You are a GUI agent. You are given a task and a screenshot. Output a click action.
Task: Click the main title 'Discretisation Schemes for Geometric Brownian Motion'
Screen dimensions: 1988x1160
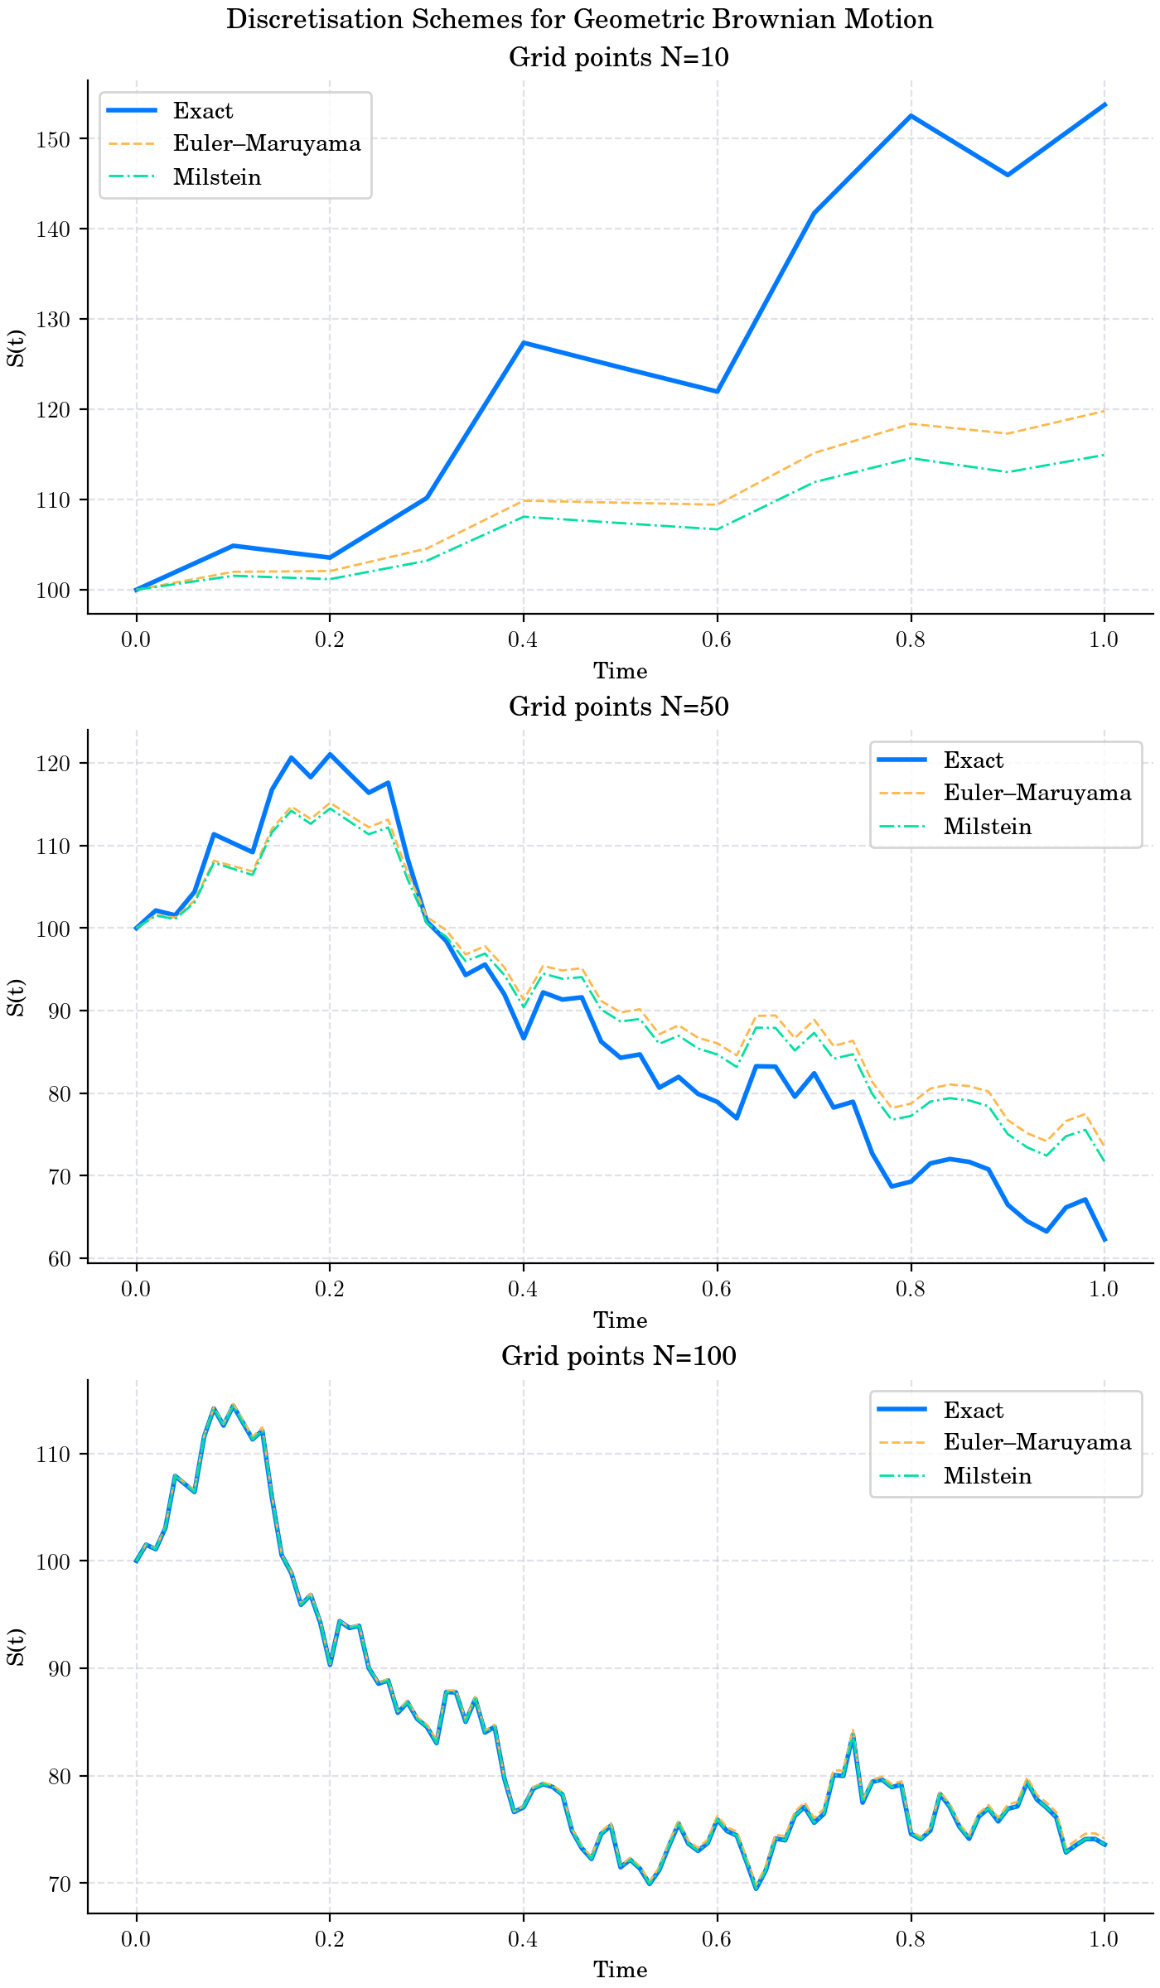pyautogui.click(x=579, y=20)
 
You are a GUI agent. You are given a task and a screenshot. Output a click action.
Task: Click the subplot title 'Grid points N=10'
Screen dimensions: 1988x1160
pyautogui.click(x=618, y=58)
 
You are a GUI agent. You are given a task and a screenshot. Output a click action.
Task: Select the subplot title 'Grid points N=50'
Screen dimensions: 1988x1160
pyautogui.click(x=618, y=707)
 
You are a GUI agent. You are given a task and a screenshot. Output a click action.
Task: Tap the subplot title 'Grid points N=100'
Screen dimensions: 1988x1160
pyautogui.click(x=618, y=1357)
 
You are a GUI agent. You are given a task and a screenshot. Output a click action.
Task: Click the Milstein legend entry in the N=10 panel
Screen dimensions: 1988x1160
pyautogui.click(x=217, y=178)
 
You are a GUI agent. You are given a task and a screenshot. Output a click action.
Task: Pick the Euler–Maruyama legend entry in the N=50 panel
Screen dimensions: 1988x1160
pyautogui.click(x=1037, y=794)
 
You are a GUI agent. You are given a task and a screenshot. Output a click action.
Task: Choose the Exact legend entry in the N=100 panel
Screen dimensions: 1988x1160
pyautogui.click(x=973, y=1411)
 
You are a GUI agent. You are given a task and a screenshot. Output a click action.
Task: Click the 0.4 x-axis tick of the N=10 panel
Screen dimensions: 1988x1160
pyautogui.click(x=523, y=639)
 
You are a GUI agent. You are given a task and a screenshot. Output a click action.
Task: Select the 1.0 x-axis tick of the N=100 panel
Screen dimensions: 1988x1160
pyautogui.click(x=1104, y=1938)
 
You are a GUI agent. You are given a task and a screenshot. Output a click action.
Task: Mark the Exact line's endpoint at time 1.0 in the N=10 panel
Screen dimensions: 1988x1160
pyautogui.click(x=1104, y=105)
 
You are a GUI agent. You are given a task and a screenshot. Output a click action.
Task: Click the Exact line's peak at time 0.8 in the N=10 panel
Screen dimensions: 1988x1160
pyautogui.click(x=911, y=116)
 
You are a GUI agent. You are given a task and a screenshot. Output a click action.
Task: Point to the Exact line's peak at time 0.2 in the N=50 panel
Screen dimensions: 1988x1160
pyautogui.click(x=330, y=755)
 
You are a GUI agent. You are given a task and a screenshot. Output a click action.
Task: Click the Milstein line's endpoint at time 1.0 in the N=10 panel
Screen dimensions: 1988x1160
pyautogui.click(x=1104, y=455)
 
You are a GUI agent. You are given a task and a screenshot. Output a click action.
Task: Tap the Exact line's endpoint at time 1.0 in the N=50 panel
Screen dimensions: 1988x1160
pyautogui.click(x=1104, y=1240)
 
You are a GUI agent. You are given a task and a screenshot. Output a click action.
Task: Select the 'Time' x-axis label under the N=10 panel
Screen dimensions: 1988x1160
pyautogui.click(x=620, y=671)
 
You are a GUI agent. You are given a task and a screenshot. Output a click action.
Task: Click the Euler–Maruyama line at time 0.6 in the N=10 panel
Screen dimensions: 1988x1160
pyautogui.click(x=717, y=504)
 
